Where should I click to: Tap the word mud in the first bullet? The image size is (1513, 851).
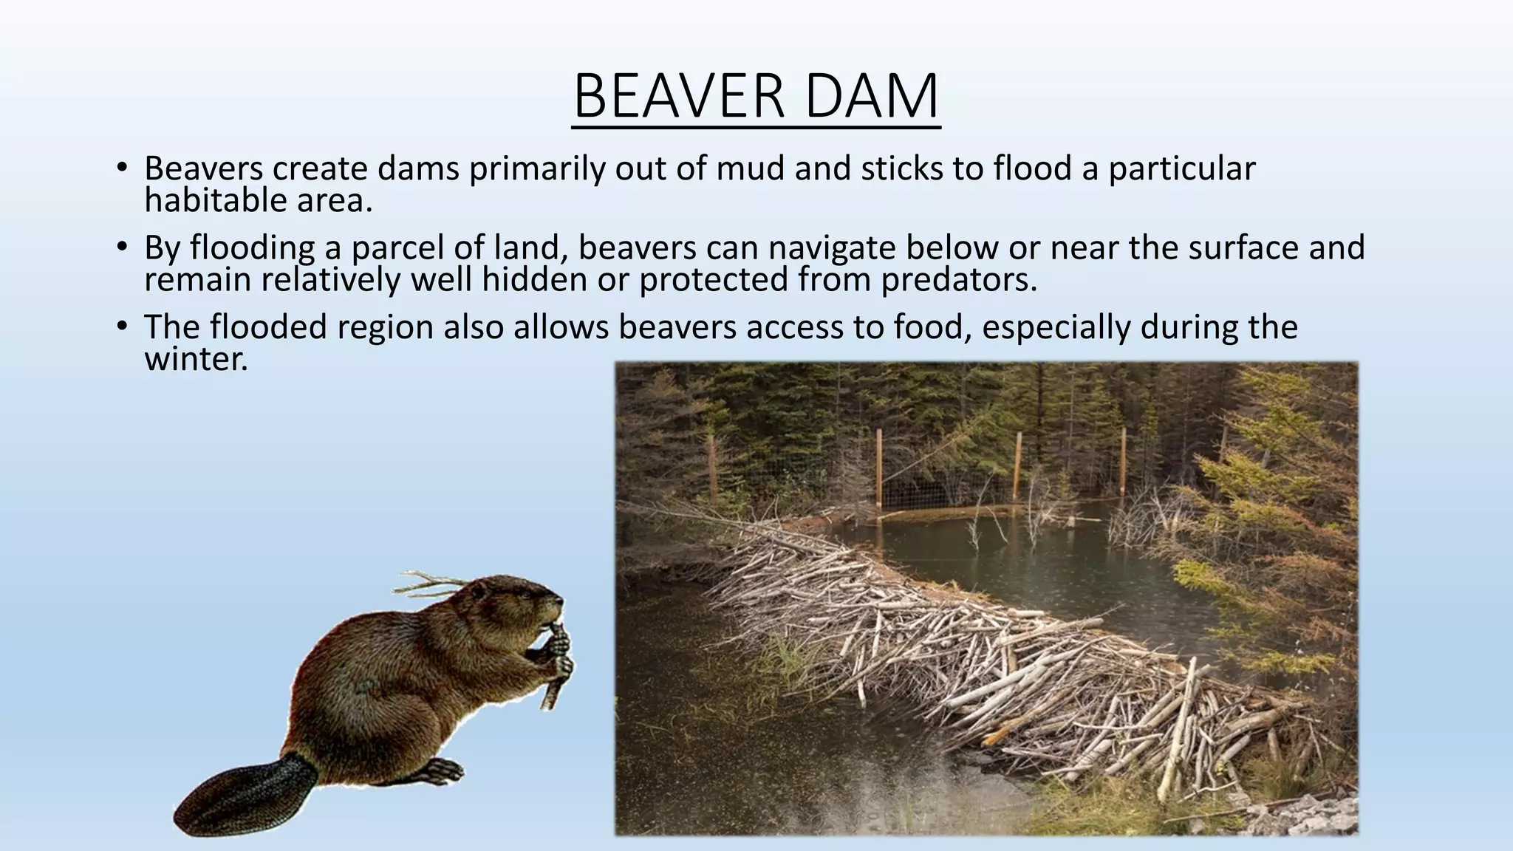tap(751, 168)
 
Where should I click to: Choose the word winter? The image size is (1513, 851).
tap(196, 360)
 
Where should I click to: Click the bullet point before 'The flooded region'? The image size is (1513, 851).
tap(123, 326)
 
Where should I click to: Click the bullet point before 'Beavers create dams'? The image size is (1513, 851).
tap(123, 167)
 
